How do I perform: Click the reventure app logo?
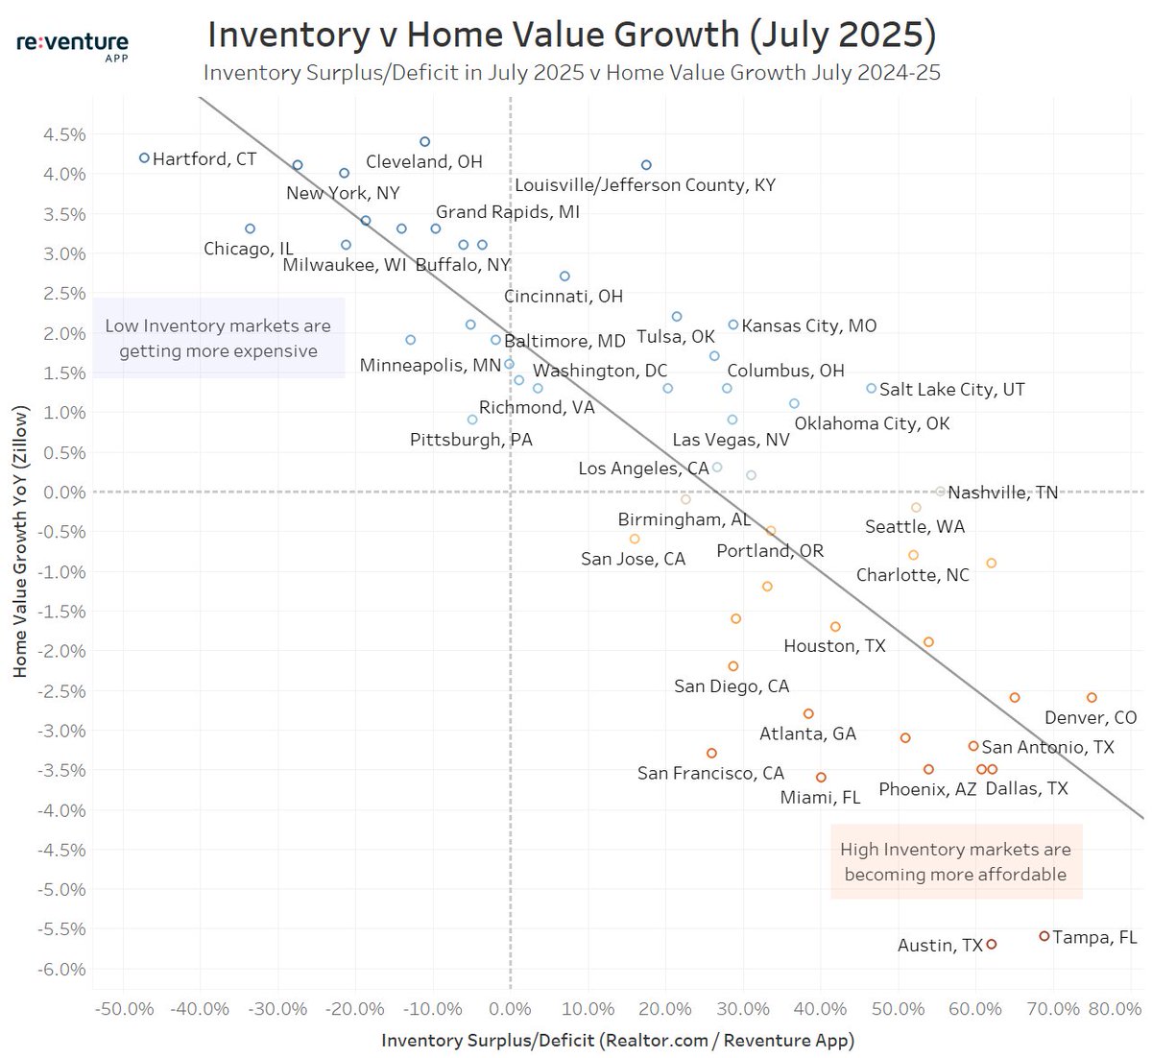tap(72, 44)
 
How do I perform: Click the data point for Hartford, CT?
tap(144, 157)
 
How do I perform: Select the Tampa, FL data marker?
tap(1044, 936)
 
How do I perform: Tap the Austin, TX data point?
tap(992, 945)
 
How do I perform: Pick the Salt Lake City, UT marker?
tap(871, 389)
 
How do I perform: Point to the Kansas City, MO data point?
tap(733, 325)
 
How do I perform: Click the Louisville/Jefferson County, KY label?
tap(644, 185)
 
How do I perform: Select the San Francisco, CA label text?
tap(710, 774)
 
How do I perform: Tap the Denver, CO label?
tap(1090, 718)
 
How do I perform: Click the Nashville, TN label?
tap(1002, 493)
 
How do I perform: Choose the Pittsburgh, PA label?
tap(470, 440)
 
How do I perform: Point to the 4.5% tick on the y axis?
tap(64, 135)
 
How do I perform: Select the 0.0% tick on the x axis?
tap(510, 1009)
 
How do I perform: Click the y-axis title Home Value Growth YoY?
tap(20, 541)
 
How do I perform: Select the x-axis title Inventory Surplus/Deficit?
tap(617, 1041)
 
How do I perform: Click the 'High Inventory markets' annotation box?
tap(956, 862)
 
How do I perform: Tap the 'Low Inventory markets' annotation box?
tap(219, 339)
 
